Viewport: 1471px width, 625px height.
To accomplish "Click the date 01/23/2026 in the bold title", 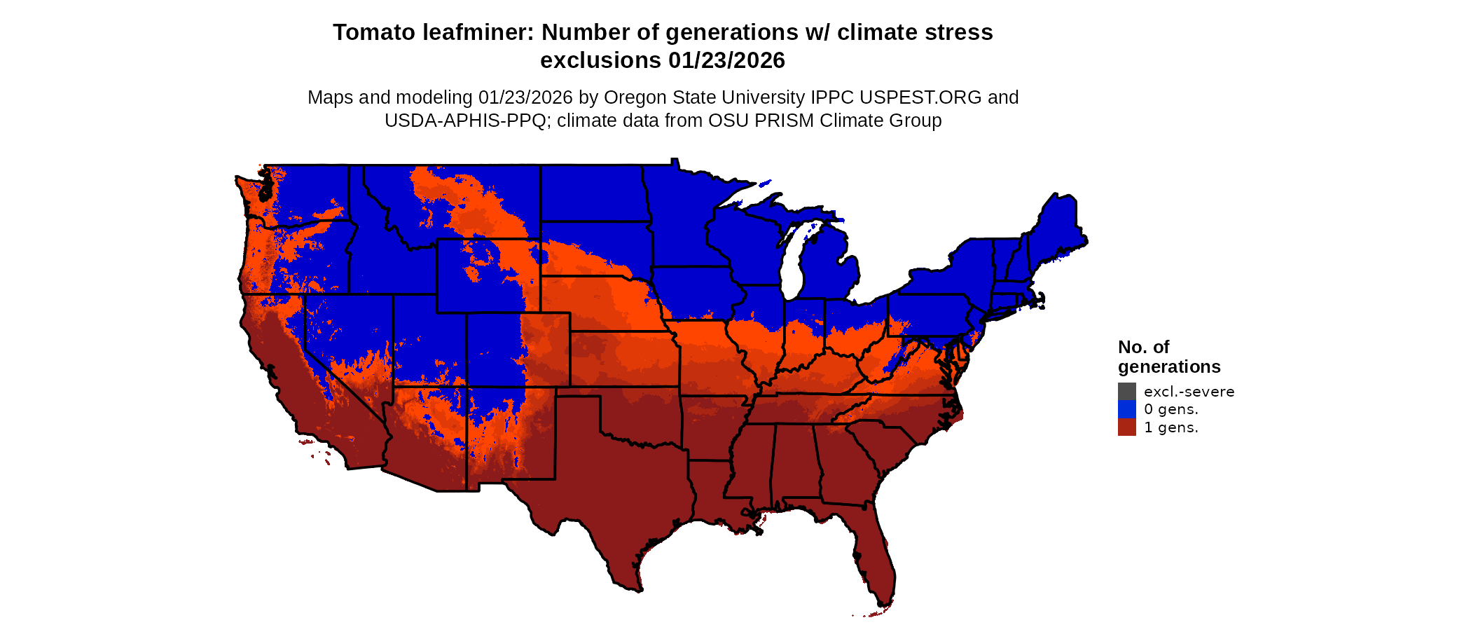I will coord(726,61).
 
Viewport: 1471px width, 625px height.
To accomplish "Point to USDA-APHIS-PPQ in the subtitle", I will coord(465,121).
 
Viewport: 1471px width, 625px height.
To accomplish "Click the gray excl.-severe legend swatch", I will coord(1126,392).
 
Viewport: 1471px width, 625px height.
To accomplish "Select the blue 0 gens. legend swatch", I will coord(1126,409).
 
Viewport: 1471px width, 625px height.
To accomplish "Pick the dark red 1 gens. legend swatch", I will coord(1126,427).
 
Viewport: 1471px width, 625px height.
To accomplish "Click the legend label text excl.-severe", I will coord(1189,392).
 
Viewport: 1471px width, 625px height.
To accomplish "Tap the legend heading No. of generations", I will coord(1168,357).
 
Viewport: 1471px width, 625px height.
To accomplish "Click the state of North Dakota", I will coord(592,193).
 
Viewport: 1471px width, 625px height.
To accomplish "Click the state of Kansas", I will coord(623,357).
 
